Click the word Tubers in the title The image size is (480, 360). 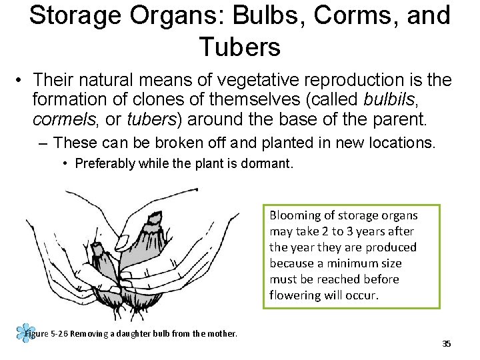point(239,47)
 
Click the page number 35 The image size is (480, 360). point(447,344)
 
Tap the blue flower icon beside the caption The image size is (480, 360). point(26,333)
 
